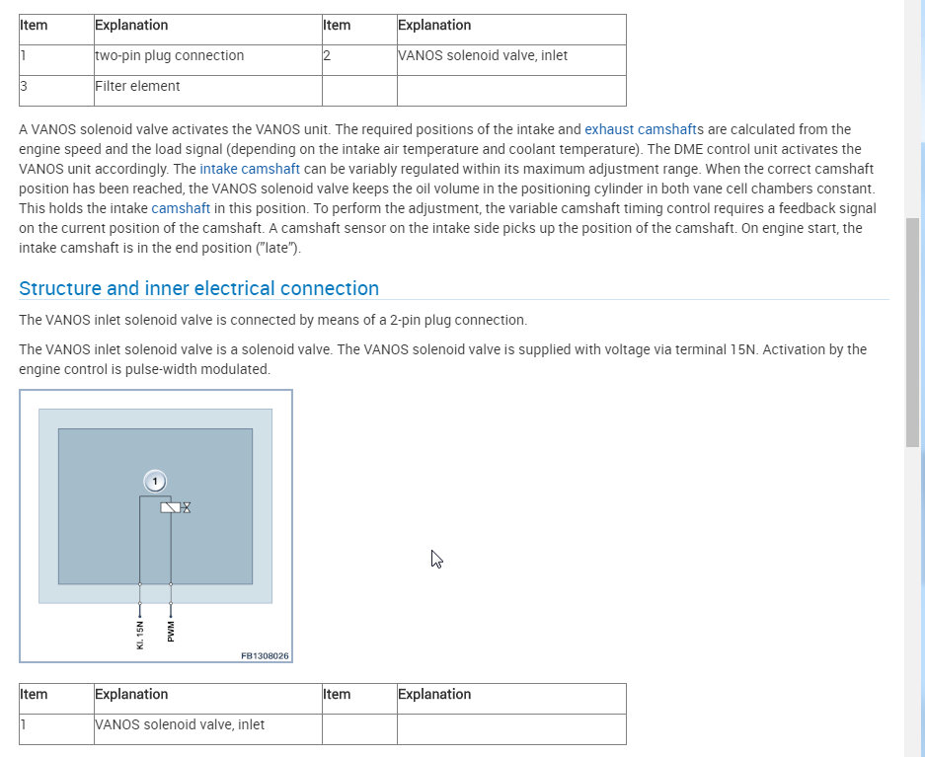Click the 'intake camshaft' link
coord(243,169)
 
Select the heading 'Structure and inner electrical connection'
coord(198,288)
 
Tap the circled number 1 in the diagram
coord(154,481)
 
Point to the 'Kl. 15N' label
coord(140,633)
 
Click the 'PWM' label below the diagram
coord(171,631)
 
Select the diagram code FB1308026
coord(265,654)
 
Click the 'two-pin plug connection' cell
coord(169,55)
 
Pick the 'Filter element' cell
coord(137,86)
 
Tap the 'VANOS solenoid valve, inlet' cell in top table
coord(483,55)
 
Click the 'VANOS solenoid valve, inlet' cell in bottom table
coord(180,724)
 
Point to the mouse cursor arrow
coord(435,558)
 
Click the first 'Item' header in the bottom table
coord(34,694)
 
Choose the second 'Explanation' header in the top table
coord(434,25)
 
